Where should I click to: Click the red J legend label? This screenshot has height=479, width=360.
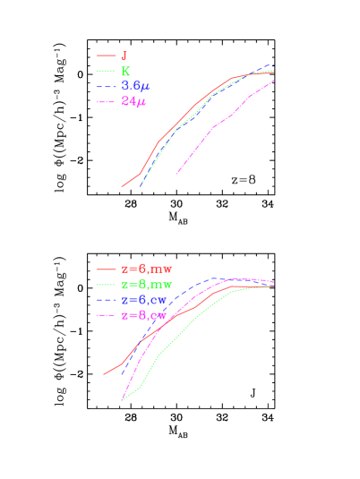(124, 56)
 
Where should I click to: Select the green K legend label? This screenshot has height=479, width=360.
(125, 71)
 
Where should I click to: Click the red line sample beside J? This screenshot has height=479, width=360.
(107, 56)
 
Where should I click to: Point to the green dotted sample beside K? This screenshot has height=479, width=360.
(107, 71)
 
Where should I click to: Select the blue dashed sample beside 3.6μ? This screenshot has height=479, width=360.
(107, 86)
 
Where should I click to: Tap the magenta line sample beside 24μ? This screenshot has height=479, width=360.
(107, 102)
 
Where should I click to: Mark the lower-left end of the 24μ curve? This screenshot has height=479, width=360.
(176, 174)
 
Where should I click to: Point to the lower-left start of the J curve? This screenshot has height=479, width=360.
(122, 186)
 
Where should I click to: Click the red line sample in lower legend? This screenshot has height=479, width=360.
(107, 269)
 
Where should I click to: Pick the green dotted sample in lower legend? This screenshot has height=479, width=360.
(107, 284)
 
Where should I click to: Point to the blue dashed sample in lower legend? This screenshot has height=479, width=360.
(107, 300)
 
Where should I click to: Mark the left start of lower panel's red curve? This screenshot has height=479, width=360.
(104, 374)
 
